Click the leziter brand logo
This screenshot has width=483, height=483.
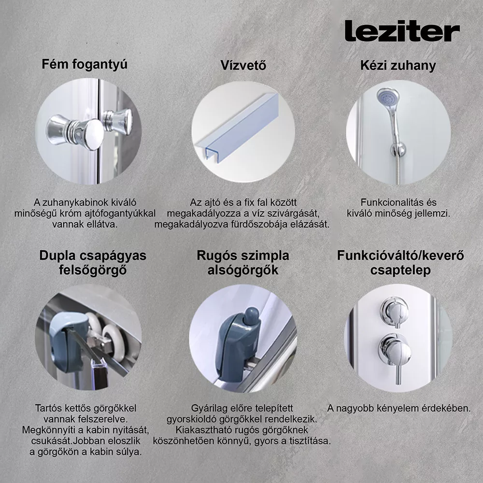click(x=402, y=31)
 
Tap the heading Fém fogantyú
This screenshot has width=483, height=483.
click(x=85, y=65)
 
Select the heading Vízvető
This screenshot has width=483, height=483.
click(x=243, y=65)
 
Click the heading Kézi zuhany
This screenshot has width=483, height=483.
click(x=398, y=66)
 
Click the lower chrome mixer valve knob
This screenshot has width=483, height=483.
click(x=395, y=350)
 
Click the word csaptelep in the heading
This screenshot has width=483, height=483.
click(x=400, y=270)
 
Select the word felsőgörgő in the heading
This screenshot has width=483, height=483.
click(x=93, y=270)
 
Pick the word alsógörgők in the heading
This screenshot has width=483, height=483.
click(x=243, y=270)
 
